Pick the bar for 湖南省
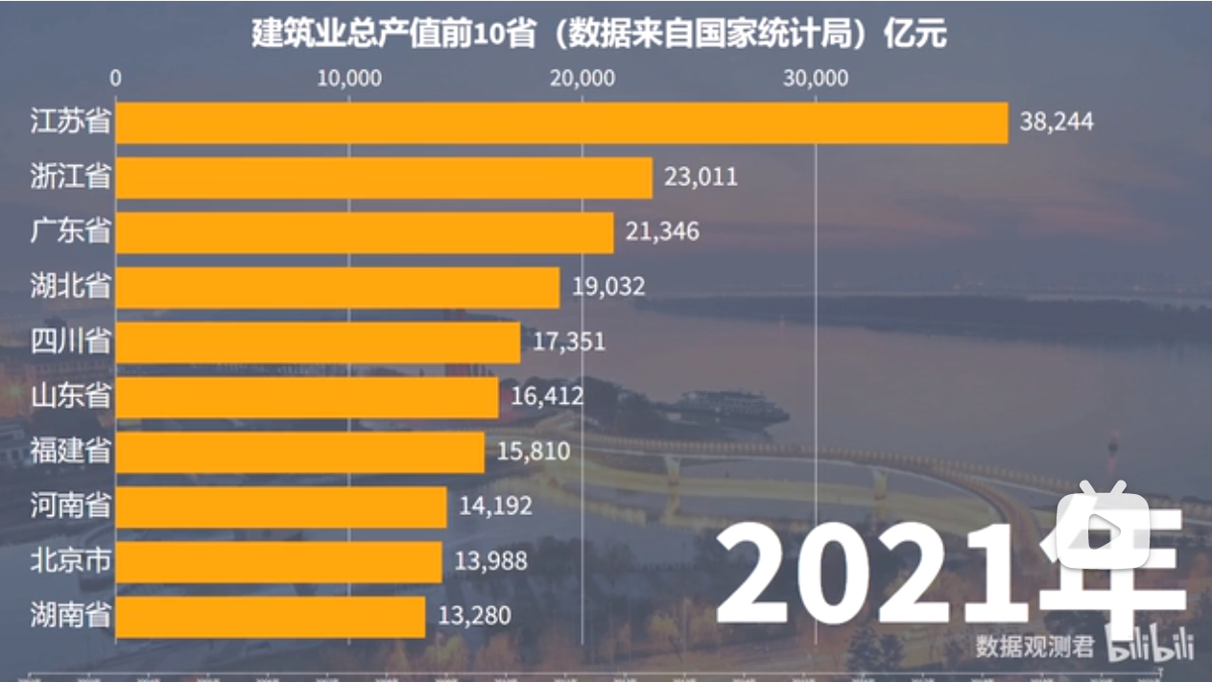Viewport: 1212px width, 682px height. point(271,617)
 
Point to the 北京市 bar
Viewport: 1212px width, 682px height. point(279,562)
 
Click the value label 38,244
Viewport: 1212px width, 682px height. point(1057,123)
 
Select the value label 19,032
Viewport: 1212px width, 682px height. point(608,287)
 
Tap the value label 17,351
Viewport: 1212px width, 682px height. point(569,341)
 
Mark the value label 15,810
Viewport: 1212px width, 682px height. point(534,452)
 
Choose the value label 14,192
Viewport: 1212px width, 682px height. point(495,506)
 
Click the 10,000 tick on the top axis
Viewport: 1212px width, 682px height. point(349,79)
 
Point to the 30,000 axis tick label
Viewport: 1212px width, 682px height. point(816,79)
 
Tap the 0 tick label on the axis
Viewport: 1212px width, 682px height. point(116,79)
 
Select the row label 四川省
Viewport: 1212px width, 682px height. point(70,341)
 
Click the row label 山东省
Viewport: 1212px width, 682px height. point(70,397)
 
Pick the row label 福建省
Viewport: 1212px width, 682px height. point(70,452)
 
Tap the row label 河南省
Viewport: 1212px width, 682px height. point(70,506)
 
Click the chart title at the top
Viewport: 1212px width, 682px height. point(599,35)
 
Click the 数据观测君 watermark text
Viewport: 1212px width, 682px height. point(1035,647)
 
